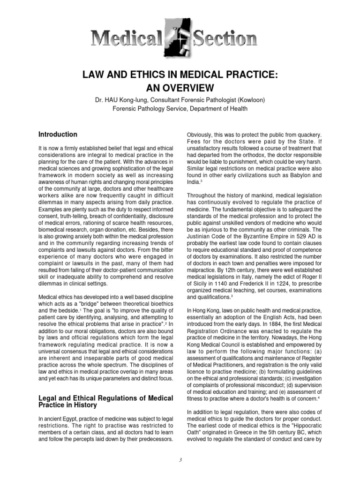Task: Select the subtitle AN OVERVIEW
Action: (180, 88)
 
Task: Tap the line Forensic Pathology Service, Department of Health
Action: (180, 109)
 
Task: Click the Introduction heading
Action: (58, 135)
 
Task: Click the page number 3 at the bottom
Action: (180, 460)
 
